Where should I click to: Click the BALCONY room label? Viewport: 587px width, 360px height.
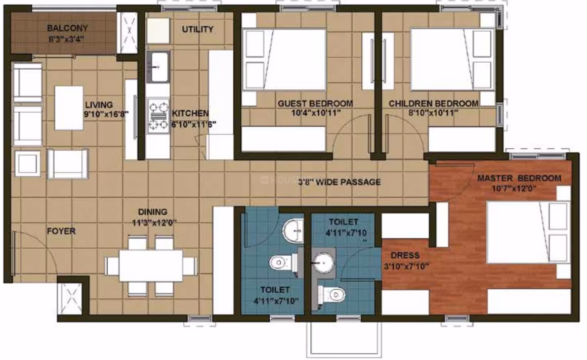(x=67, y=28)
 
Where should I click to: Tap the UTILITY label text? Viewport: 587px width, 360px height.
(x=197, y=29)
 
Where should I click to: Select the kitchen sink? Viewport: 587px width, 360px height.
(x=157, y=67)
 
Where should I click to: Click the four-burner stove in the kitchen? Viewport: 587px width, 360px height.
(x=158, y=116)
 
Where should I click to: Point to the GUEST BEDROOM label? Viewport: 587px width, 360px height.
(x=315, y=103)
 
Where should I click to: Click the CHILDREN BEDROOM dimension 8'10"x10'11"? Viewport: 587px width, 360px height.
(x=433, y=113)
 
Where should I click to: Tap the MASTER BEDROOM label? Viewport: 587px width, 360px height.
(x=519, y=178)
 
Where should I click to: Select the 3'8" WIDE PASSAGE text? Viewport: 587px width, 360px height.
(x=339, y=182)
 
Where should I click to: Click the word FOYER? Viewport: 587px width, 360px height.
(x=61, y=231)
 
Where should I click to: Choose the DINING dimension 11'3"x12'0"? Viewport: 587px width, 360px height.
(x=154, y=222)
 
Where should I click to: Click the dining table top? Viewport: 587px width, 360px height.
(x=151, y=265)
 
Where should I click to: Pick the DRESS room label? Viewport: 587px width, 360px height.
(x=405, y=256)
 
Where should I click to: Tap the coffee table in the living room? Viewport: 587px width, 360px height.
(x=69, y=108)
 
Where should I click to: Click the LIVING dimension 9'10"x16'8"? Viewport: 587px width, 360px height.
(x=106, y=114)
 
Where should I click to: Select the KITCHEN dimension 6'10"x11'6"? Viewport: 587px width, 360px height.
(x=193, y=125)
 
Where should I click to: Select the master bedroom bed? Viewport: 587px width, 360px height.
(x=528, y=232)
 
